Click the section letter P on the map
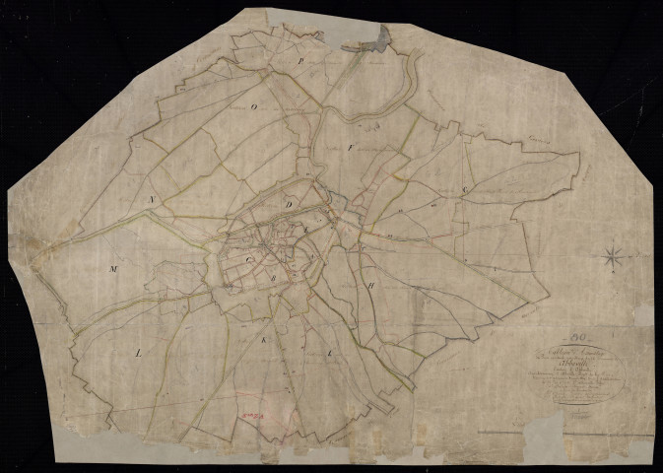[301, 59]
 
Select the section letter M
[114, 267]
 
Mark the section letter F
[350, 145]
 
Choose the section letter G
[463, 188]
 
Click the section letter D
[289, 205]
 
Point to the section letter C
[250, 260]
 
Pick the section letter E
[305, 229]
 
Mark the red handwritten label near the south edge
[254, 416]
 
